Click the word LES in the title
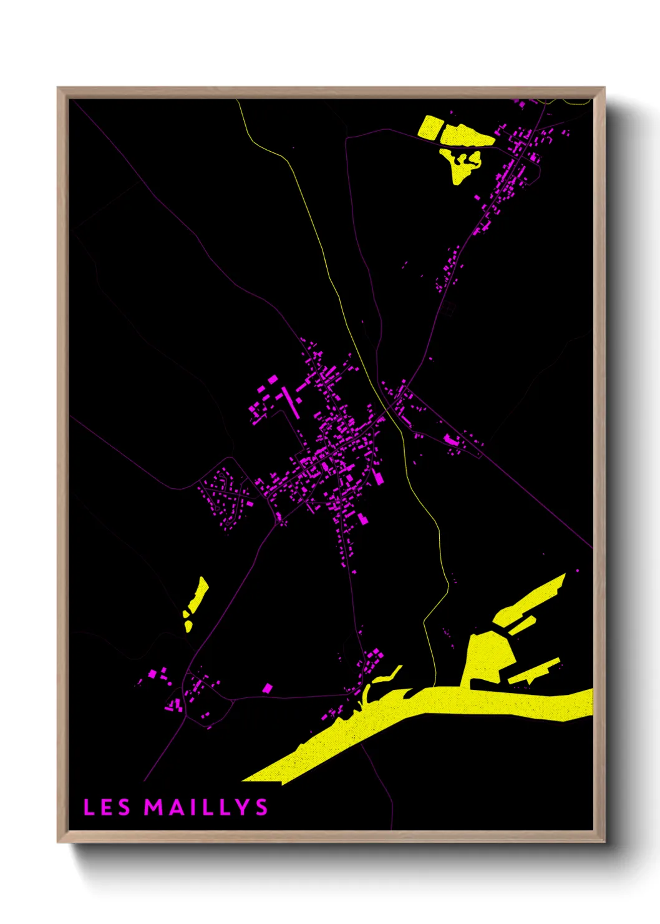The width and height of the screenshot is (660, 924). tap(107, 807)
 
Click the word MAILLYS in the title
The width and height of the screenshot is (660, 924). tap(206, 807)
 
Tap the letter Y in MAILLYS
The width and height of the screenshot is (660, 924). tap(243, 807)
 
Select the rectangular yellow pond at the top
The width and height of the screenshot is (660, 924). tap(429, 127)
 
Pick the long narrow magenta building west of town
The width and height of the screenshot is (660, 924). tap(290, 403)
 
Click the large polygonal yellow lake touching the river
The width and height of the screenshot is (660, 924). tap(490, 659)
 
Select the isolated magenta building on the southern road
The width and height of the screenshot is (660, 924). tap(268, 688)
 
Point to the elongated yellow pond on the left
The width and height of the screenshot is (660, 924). tap(198, 595)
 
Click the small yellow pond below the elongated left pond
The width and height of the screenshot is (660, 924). tap(188, 624)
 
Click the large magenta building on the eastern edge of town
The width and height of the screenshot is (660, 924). tap(377, 478)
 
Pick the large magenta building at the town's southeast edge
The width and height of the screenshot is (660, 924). tap(362, 518)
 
